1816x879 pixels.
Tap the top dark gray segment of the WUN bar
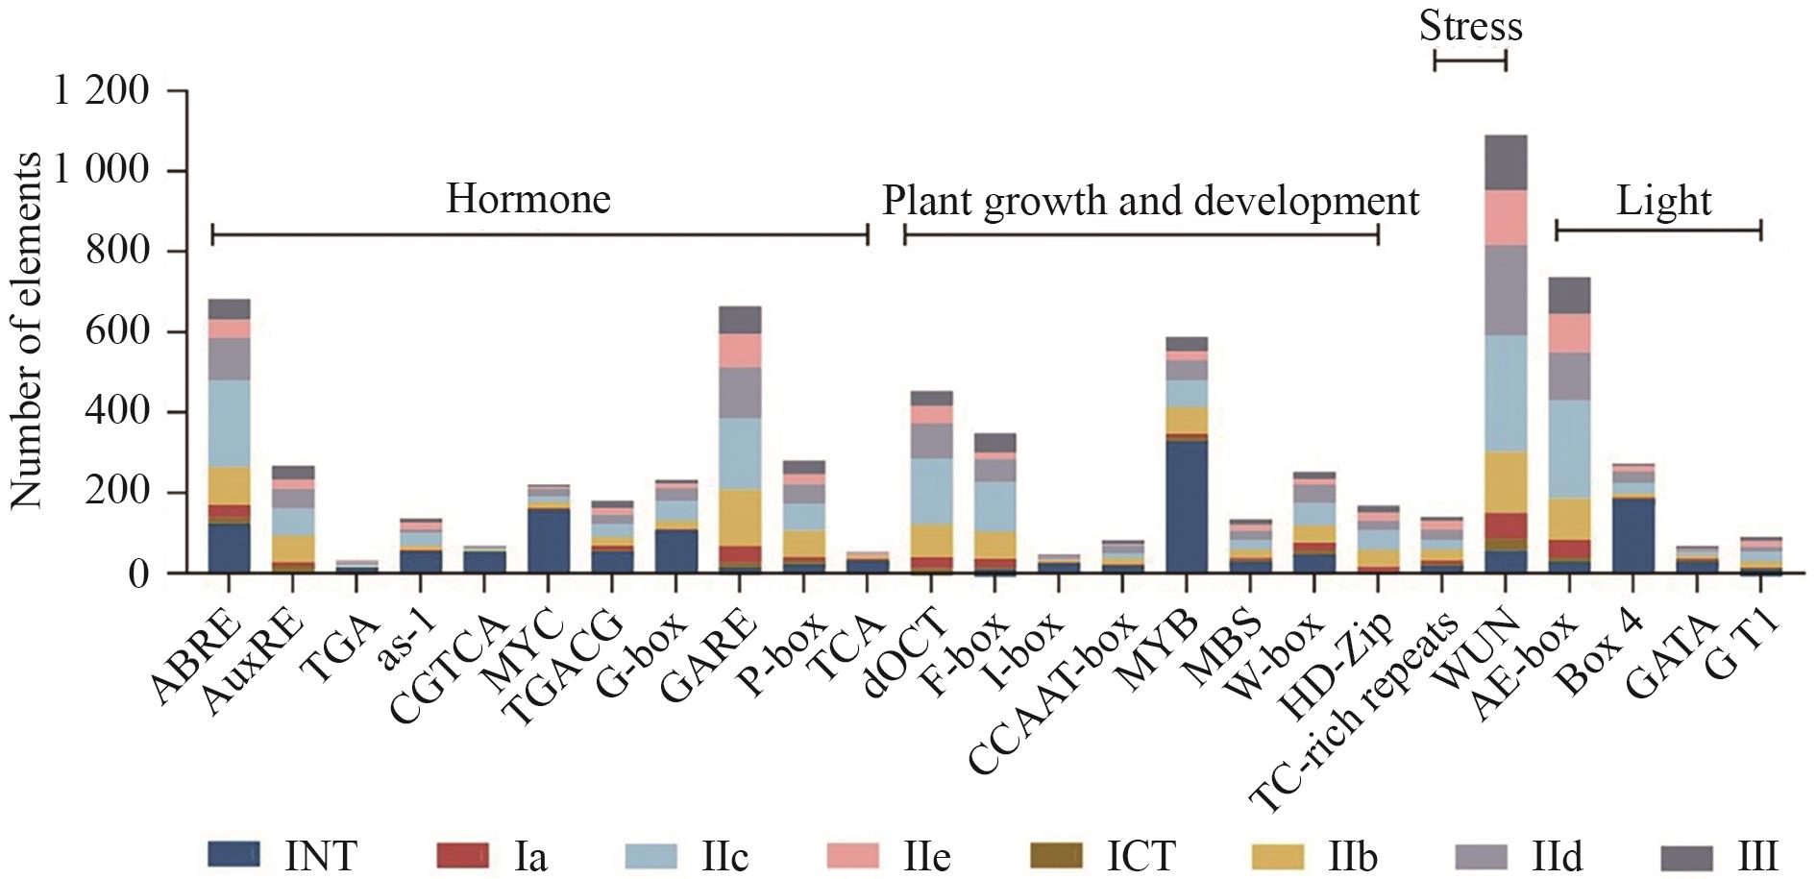(x=1507, y=162)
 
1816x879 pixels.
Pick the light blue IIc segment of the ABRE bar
(x=229, y=423)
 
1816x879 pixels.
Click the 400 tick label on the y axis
(x=119, y=413)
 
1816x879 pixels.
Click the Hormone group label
(x=528, y=200)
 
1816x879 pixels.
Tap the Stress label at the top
(x=1470, y=26)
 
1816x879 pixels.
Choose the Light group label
(x=1663, y=202)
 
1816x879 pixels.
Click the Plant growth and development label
(x=1150, y=202)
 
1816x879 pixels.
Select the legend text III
(x=1757, y=855)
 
